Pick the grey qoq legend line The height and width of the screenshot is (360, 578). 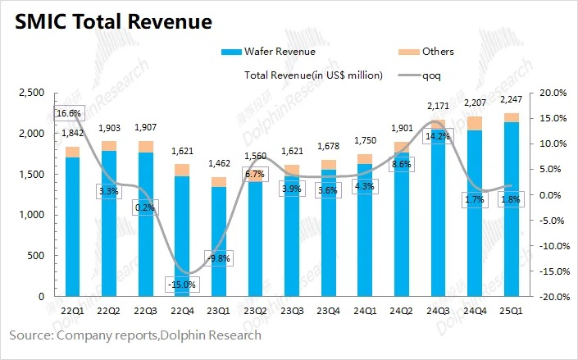(408, 75)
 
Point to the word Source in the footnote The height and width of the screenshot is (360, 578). (30, 335)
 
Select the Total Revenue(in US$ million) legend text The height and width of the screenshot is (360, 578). (314, 75)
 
